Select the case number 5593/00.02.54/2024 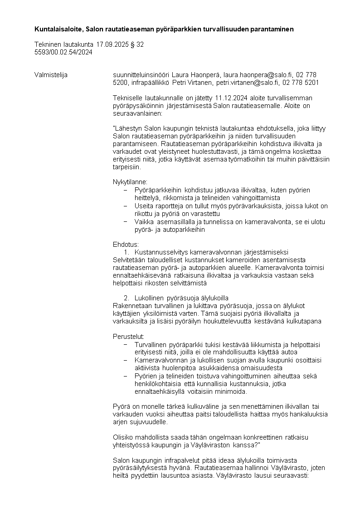click(x=63, y=52)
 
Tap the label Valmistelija click(x=51, y=75)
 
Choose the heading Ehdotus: click(x=126, y=245)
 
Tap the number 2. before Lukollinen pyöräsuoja click(x=126, y=298)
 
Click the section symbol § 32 click(x=138, y=45)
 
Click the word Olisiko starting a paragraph click(x=122, y=437)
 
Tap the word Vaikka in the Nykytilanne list click(x=144, y=222)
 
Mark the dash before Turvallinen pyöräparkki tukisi click(x=126, y=344)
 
